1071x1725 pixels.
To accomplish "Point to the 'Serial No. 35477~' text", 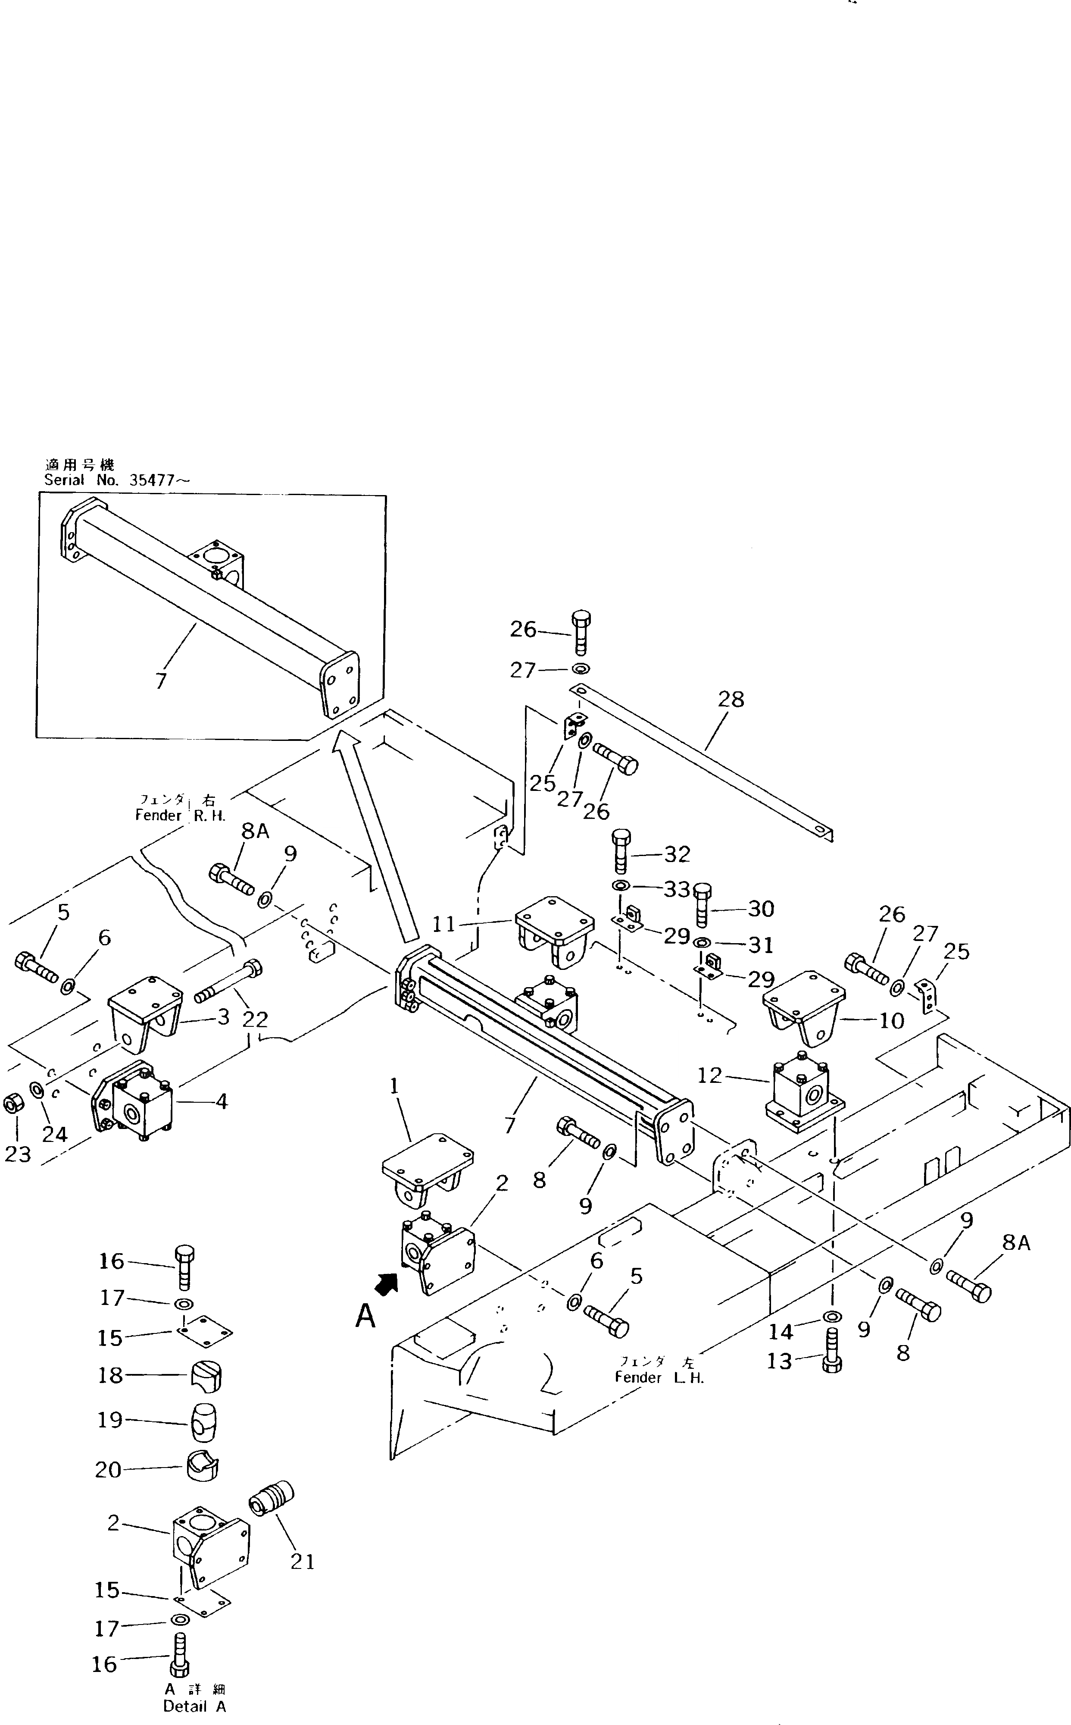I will [x=117, y=480].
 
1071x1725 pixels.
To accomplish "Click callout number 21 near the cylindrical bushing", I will [x=303, y=1561].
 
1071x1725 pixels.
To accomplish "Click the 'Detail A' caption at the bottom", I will [x=195, y=1706].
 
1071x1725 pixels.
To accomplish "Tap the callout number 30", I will [x=761, y=909].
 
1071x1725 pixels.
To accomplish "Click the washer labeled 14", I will [x=832, y=1316].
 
